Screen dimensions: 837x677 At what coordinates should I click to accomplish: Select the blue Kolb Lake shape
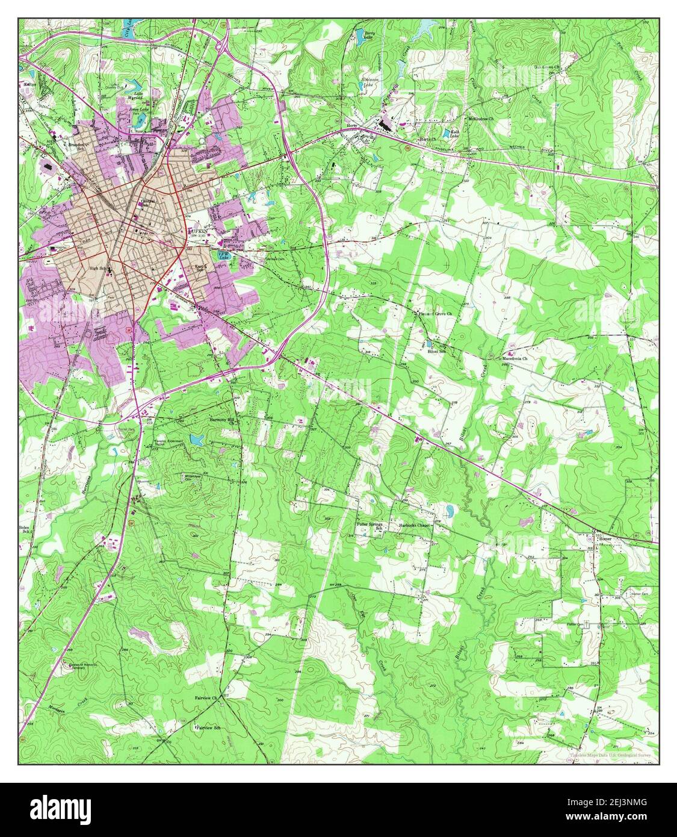(x=447, y=134)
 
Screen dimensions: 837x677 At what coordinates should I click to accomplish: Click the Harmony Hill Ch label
(x=224, y=420)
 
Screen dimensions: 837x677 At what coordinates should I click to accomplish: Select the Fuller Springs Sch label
(x=371, y=527)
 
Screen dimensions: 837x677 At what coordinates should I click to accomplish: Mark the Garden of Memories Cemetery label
(x=82, y=667)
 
